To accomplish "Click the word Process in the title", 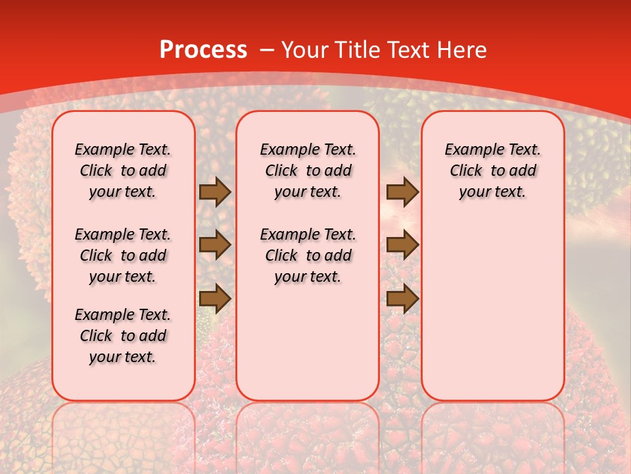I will [203, 50].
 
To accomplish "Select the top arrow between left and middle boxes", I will [215, 192].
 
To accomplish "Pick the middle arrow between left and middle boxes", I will [215, 245].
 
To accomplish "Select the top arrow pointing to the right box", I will [402, 192].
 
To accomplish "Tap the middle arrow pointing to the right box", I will [402, 245].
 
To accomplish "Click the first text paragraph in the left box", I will [123, 171].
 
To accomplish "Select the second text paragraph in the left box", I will [123, 255].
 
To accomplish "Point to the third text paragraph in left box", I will [123, 336].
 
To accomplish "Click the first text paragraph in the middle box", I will [308, 171].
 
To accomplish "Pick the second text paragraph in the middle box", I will [308, 255].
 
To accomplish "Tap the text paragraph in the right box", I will [492, 171].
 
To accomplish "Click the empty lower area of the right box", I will [492, 309].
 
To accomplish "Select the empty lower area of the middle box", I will [308, 342].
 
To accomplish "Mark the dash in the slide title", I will [267, 50].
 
